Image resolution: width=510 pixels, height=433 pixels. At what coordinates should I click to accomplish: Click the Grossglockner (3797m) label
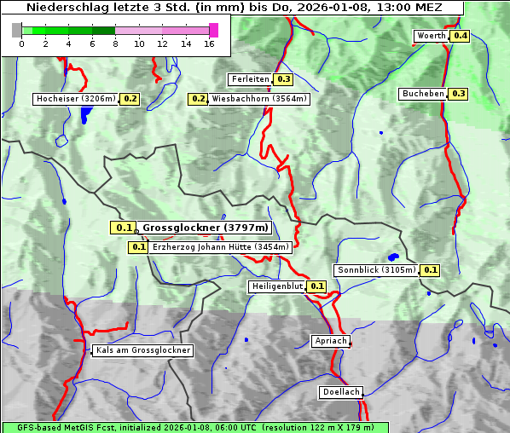[x=205, y=228]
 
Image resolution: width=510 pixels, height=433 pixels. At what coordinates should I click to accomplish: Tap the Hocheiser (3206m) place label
[x=75, y=99]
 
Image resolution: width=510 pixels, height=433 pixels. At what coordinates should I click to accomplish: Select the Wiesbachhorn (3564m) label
[x=259, y=99]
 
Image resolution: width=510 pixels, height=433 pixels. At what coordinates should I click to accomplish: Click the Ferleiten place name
[x=250, y=79]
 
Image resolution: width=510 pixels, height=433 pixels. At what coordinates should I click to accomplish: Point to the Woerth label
[x=431, y=36]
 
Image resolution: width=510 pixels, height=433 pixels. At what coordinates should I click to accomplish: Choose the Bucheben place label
[x=423, y=93]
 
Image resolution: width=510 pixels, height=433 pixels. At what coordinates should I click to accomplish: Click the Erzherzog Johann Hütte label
[x=221, y=247]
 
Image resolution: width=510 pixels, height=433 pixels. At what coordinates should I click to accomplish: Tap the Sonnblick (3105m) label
[x=376, y=270]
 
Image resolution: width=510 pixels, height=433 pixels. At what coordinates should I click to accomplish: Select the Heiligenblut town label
[x=276, y=286]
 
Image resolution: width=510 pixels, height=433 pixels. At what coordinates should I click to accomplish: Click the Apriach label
[x=330, y=341]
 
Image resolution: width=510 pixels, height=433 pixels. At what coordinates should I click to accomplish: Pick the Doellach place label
[x=341, y=393]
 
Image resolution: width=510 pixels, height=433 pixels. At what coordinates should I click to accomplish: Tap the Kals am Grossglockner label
[x=142, y=350]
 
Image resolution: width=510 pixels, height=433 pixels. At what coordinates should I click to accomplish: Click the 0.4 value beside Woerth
[x=461, y=36]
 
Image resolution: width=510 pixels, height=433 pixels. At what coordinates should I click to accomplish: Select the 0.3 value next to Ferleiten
[x=284, y=79]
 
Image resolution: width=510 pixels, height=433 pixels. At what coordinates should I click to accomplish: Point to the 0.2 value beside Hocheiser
[x=130, y=99]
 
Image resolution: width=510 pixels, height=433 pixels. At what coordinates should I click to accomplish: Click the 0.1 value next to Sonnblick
[x=430, y=270]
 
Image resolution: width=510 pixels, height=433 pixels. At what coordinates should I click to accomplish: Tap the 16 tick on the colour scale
[x=208, y=43]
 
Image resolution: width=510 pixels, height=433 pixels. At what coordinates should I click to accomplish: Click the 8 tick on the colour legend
[x=115, y=43]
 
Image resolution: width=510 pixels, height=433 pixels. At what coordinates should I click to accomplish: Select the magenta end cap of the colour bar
[x=213, y=30]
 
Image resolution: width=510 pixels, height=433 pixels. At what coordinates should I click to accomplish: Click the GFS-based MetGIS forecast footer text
[x=194, y=427]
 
